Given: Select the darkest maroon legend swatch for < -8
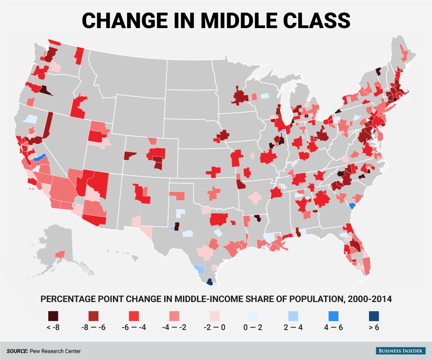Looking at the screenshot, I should [x=53, y=316].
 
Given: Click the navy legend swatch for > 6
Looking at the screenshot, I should [x=372, y=316].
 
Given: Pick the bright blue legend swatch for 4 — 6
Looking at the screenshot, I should [x=332, y=316].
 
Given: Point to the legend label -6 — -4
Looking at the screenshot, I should [x=133, y=328].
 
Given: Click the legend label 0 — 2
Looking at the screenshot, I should [x=253, y=328].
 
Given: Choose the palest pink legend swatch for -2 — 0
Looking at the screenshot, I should [x=213, y=316].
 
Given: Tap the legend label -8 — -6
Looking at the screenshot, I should [x=93, y=328].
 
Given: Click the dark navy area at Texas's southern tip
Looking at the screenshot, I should [x=209, y=282].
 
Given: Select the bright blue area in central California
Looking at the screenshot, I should [x=39, y=158].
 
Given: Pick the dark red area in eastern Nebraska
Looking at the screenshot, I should [x=222, y=135].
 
